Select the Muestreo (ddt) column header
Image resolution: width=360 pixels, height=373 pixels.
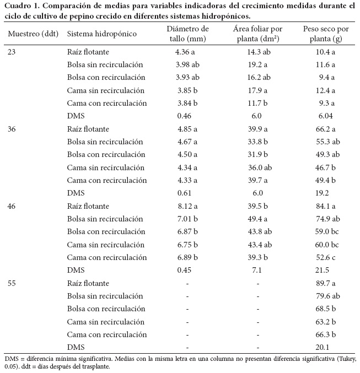click(33, 34)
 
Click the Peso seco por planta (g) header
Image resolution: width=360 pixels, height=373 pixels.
click(326, 34)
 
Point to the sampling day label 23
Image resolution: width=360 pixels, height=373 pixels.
click(13, 52)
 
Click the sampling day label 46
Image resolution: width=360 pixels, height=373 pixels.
click(13, 205)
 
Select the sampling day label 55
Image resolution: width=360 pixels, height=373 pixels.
click(13, 283)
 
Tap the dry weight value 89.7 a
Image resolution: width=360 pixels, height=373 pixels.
click(326, 283)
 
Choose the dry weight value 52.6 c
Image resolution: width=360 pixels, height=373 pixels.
click(326, 257)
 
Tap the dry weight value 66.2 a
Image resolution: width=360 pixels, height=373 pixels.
click(326, 128)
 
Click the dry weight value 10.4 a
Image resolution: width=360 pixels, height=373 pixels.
click(326, 52)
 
